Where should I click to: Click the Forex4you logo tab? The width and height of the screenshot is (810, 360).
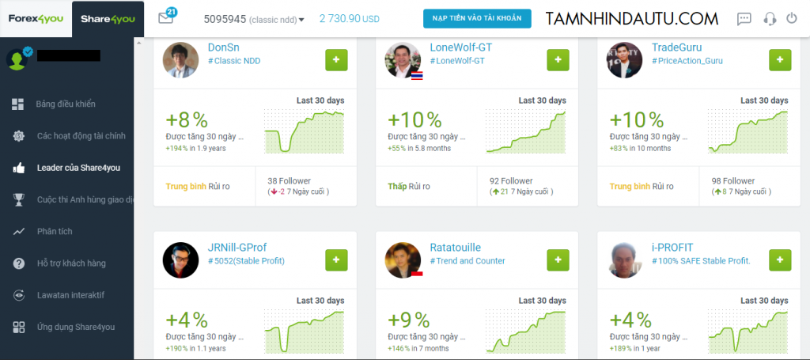point(35,17)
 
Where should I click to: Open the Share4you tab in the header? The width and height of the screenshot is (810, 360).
point(107,17)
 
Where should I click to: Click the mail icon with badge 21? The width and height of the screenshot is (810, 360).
point(166,17)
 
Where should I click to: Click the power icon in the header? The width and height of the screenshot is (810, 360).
point(792,18)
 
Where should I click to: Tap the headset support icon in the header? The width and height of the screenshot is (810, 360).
point(768,18)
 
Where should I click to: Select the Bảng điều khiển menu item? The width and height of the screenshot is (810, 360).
point(66,104)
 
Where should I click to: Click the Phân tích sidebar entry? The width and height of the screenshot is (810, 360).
point(55,232)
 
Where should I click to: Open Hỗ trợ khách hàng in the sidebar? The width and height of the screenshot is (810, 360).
point(71,263)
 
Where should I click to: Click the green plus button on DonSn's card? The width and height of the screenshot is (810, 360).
point(336,60)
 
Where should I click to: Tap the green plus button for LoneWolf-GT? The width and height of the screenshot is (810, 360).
point(558,60)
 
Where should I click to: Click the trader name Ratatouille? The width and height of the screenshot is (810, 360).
point(455,248)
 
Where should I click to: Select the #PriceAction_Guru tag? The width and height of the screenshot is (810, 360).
point(687,61)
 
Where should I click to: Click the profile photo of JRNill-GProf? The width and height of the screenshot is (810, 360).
point(180,260)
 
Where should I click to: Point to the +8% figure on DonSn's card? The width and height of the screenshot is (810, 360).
point(187,119)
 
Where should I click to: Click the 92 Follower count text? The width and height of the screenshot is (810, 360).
point(511,181)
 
